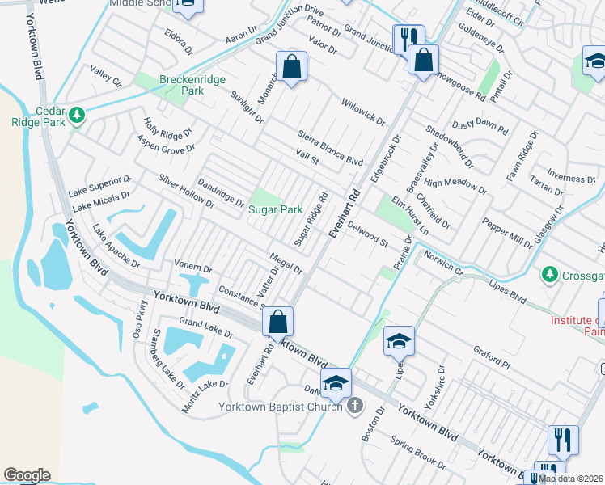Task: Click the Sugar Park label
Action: [x=275, y=209]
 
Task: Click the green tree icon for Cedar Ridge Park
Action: [x=77, y=115]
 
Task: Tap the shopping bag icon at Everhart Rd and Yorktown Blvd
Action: [x=277, y=322]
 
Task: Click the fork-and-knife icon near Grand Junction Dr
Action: [x=408, y=38]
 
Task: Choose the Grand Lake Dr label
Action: [x=205, y=327]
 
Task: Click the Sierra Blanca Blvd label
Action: [x=330, y=148]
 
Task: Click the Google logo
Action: [x=27, y=475]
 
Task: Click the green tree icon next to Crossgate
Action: [x=551, y=276]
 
